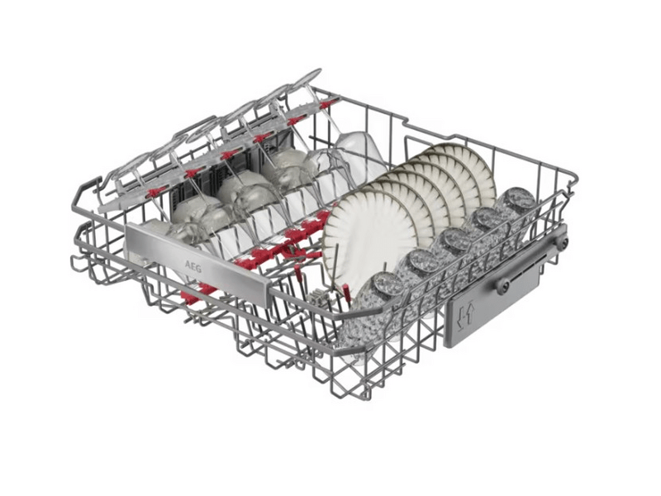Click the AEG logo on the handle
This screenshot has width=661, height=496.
(193, 266)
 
